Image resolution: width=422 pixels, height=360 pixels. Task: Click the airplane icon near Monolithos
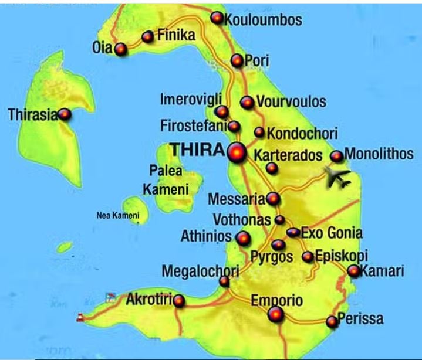pos(337,176)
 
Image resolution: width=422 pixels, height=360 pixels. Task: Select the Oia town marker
pos(120,49)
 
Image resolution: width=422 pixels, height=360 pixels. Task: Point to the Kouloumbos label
pos(264,20)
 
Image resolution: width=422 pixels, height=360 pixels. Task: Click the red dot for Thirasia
pos(64,114)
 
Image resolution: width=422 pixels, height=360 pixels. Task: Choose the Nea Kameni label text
pos(117,216)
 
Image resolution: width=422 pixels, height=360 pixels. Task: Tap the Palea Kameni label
pos(166,181)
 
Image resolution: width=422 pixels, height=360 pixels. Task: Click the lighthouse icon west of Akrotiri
pos(80,318)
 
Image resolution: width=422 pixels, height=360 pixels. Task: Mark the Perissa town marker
pos(332,321)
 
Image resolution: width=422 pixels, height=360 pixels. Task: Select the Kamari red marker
pos(354,271)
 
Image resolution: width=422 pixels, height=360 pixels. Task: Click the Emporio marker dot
pos(276,315)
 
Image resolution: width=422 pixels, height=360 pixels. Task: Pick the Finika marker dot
pos(147,36)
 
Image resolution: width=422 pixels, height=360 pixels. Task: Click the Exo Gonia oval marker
pos(293,233)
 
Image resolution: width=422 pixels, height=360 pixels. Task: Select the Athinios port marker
pos(243,238)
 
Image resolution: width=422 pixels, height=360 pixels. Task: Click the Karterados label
pos(288,155)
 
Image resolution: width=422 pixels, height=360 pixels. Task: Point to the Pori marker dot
pos(237,60)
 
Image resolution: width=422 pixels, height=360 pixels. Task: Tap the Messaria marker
pos(272,199)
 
